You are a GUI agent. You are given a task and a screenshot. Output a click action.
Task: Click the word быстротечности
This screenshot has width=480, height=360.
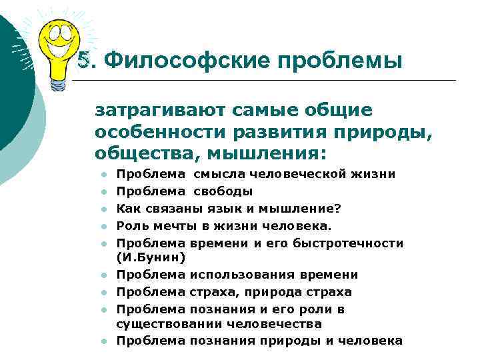(x=353, y=243)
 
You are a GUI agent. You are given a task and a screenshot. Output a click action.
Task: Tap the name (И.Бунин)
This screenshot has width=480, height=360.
(x=151, y=257)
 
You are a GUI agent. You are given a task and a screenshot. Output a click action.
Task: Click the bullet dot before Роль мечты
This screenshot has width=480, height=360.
(x=105, y=227)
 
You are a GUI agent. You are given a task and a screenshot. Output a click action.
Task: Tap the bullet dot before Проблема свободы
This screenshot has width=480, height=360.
(x=105, y=192)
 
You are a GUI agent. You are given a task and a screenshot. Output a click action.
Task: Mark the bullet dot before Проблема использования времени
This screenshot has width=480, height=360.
(x=105, y=275)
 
